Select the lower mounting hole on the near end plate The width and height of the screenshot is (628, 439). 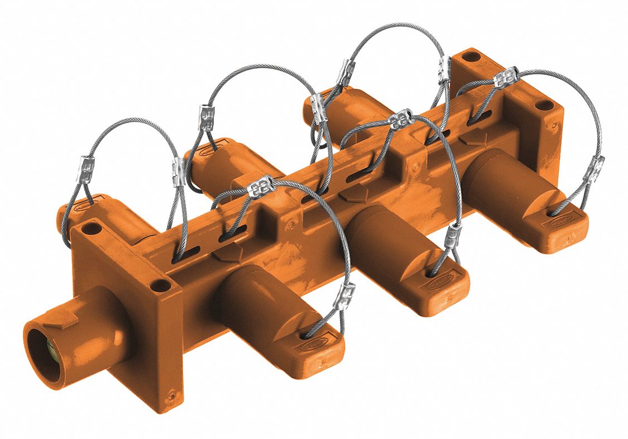161,286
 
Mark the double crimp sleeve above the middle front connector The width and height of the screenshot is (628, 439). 401,120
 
